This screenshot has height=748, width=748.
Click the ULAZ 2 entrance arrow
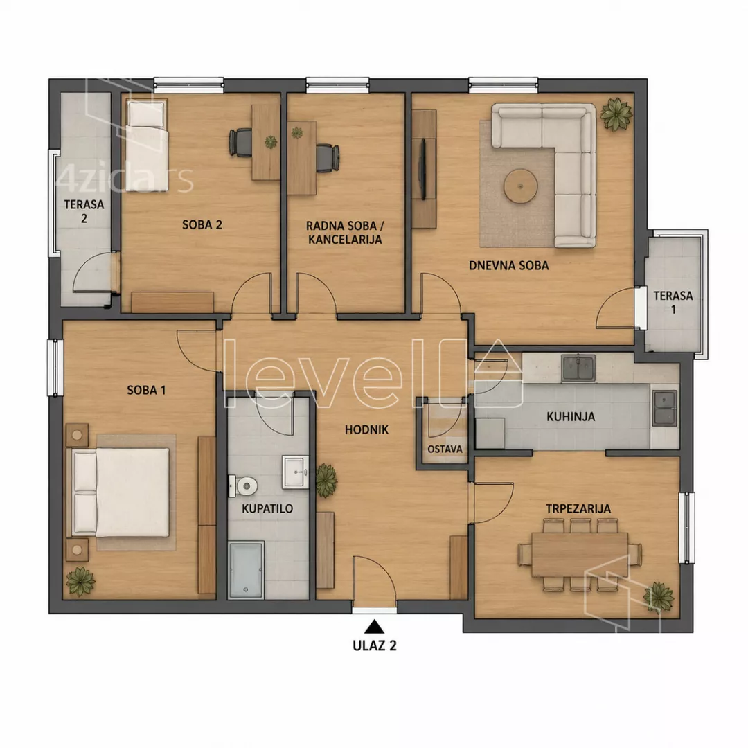375,625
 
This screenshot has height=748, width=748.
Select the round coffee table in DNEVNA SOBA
520,186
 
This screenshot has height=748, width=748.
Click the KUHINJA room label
571,416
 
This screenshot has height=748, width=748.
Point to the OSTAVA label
445,449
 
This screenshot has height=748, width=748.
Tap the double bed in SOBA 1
121,492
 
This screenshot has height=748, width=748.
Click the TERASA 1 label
673,303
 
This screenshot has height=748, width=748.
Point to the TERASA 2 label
84,211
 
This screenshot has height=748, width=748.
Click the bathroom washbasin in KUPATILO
295,472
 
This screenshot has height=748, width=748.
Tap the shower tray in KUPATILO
246,569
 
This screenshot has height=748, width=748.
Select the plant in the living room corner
616,114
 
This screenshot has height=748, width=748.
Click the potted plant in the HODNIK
326,480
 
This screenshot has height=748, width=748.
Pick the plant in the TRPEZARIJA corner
659,596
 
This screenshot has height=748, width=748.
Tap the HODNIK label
366,430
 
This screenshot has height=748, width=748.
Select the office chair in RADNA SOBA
328,158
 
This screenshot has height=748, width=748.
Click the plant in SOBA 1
80,582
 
